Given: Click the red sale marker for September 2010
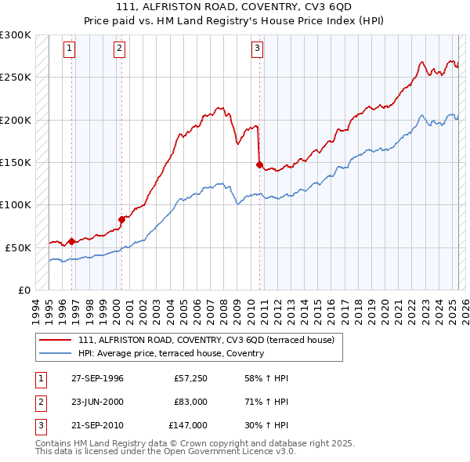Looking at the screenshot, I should click(258, 164).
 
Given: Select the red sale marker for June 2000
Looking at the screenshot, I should click(122, 219).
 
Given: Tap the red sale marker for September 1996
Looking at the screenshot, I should click(71, 241).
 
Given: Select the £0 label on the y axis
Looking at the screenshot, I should click(23, 290).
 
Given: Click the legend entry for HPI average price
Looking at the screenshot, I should click(171, 354).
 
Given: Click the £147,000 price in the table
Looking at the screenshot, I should click(188, 425).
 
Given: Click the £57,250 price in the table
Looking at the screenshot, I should click(190, 378).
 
